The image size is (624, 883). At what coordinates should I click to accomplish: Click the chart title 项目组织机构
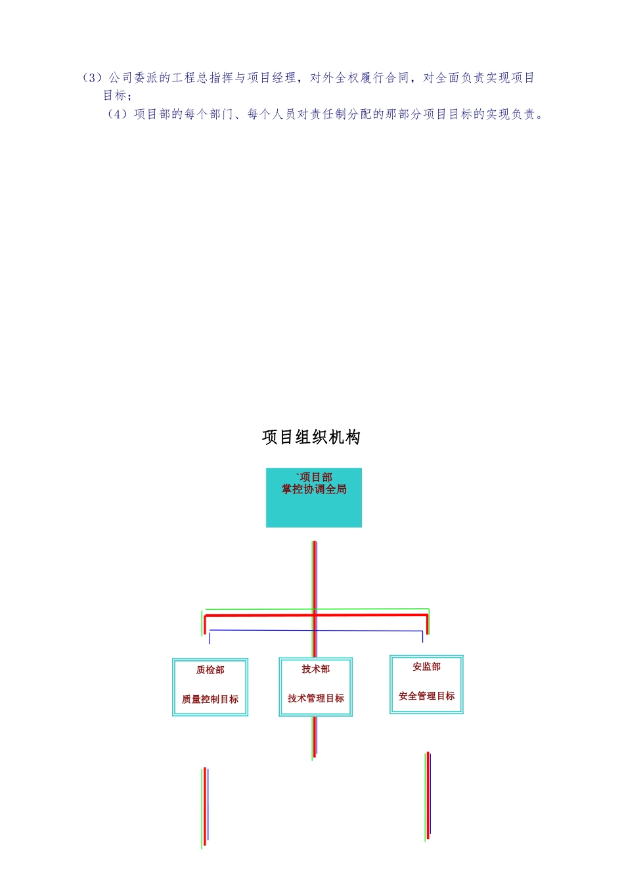pyautogui.click(x=311, y=438)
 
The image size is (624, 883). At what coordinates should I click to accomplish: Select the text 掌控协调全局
pyautogui.click(x=314, y=489)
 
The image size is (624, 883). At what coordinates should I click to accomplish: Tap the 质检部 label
pyautogui.click(x=210, y=670)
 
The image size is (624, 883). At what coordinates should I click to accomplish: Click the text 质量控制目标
pyautogui.click(x=210, y=700)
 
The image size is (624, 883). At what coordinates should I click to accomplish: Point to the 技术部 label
pyautogui.click(x=316, y=669)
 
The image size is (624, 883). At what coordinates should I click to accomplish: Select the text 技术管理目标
pyautogui.click(x=316, y=698)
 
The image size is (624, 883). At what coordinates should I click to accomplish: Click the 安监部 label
pyautogui.click(x=427, y=667)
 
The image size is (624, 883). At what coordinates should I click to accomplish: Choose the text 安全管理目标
pyautogui.click(x=427, y=696)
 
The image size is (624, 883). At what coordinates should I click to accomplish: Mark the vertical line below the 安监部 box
pyautogui.click(x=428, y=795)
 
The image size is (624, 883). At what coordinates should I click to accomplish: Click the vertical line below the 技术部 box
pyautogui.click(x=315, y=736)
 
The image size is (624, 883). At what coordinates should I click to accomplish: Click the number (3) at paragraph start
pyautogui.click(x=93, y=78)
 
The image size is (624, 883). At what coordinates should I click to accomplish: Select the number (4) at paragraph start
pyautogui.click(x=118, y=114)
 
